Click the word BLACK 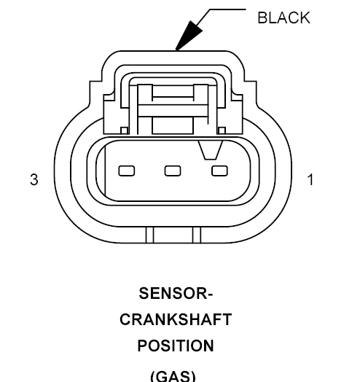pyautogui.click(x=283, y=17)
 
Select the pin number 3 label pyautogui.click(x=34, y=179)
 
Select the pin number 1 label pyautogui.click(x=310, y=179)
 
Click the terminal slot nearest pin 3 pyautogui.click(x=126, y=171)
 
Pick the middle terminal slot pyautogui.click(x=173, y=171)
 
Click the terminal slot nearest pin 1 pyautogui.click(x=219, y=171)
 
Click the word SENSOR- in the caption pyautogui.click(x=176, y=293)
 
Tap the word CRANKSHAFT pyautogui.click(x=176, y=319)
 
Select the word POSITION pyautogui.click(x=176, y=346)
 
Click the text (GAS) pyautogui.click(x=173, y=376)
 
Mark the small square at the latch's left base pyautogui.click(x=125, y=130)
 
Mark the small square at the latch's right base pyautogui.click(x=222, y=130)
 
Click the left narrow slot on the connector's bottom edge pyautogui.click(x=150, y=235)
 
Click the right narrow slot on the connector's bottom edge pyautogui.click(x=197, y=235)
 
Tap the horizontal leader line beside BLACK pyautogui.click(x=228, y=9)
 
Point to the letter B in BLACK pyautogui.click(x=262, y=17)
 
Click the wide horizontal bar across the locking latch pyautogui.click(x=173, y=111)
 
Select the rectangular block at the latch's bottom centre pyautogui.click(x=173, y=125)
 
